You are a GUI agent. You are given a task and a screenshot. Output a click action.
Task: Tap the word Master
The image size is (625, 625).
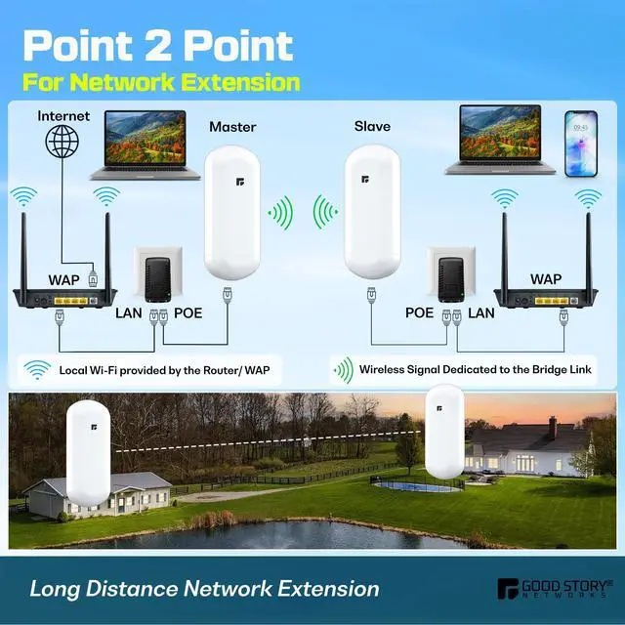click(x=231, y=126)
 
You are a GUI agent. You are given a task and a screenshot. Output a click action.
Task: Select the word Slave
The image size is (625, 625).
click(x=372, y=126)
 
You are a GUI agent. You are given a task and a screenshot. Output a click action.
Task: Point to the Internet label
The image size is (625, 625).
click(x=63, y=115)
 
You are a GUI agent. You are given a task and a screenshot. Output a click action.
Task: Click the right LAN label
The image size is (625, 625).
click(x=481, y=313)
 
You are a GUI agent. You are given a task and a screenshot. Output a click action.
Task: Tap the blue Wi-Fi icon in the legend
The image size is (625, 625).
click(x=37, y=370)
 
